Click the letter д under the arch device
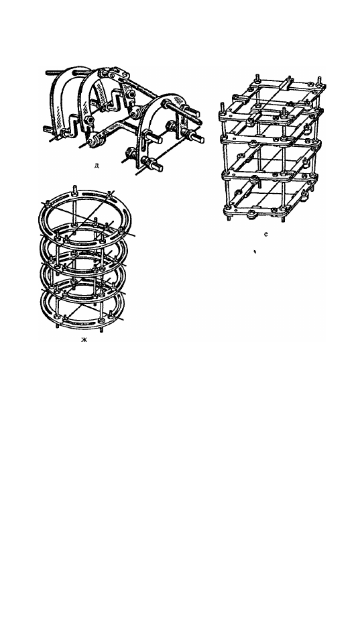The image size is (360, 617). click(97, 165)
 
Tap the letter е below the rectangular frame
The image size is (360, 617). click(265, 234)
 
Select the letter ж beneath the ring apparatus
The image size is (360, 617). click(84, 339)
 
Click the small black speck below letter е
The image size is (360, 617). click(255, 251)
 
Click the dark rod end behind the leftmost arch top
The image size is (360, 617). click(52, 73)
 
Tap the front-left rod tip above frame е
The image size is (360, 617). click(223, 107)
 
